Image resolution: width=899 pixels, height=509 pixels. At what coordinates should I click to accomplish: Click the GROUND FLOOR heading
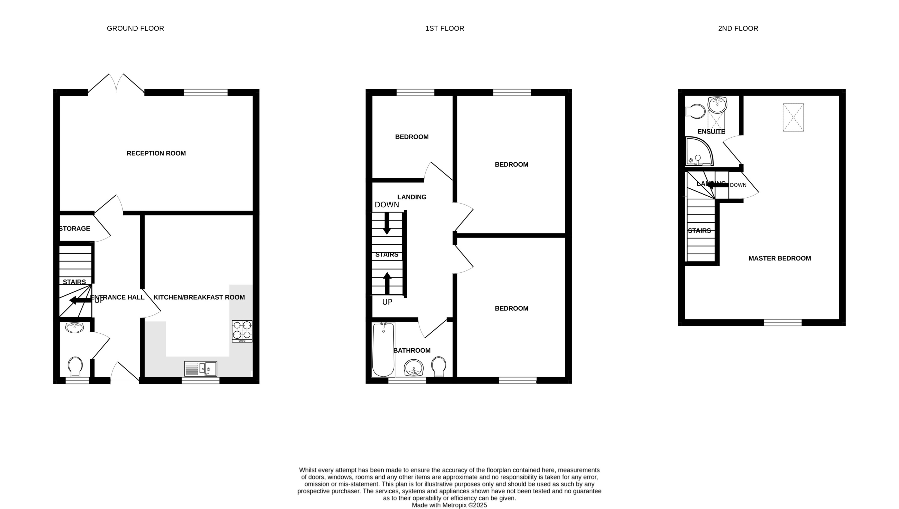135,28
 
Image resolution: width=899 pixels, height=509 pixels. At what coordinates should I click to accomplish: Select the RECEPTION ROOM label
156,153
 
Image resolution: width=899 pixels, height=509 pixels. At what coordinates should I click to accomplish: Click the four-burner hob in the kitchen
242,331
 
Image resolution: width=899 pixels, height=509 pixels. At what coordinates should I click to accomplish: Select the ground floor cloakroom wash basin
74,328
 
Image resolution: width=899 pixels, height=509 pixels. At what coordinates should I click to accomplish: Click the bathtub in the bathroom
383,350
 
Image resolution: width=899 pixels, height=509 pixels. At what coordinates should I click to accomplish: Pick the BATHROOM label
412,350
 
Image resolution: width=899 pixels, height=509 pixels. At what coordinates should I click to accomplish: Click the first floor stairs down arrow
387,223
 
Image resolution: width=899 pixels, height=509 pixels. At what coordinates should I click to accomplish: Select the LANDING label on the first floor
412,197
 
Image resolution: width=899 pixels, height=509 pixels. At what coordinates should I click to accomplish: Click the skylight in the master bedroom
793,118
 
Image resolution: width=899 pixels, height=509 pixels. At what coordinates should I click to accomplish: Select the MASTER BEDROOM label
779,258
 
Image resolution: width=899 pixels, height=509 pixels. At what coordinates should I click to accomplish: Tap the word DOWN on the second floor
738,185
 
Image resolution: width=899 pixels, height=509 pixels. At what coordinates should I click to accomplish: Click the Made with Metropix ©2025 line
449,505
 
